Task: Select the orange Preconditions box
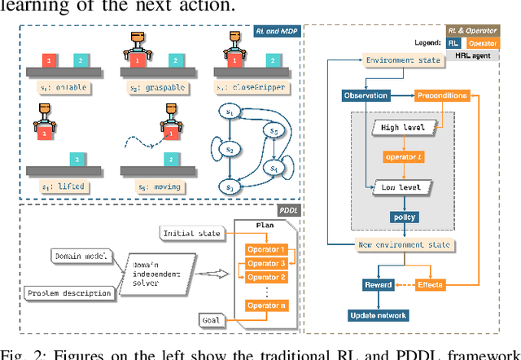click(440, 96)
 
